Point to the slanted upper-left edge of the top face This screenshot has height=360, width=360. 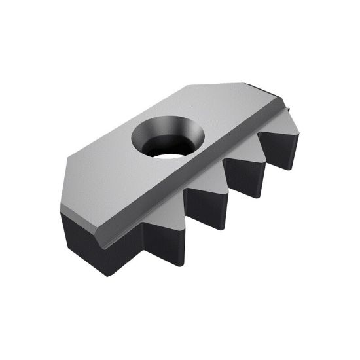click(124, 124)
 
